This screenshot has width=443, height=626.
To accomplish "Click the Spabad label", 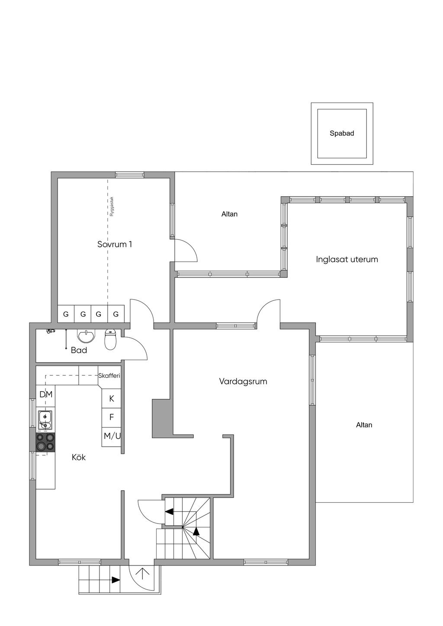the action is coord(342,133).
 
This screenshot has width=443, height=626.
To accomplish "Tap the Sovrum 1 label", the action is coord(114,244).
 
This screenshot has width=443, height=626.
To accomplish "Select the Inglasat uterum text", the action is coord(347,259).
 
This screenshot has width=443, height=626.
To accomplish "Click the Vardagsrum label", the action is coord(243,381).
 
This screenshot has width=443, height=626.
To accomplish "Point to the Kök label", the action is coord(79,457).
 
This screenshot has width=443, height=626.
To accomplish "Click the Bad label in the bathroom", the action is coord(79,350).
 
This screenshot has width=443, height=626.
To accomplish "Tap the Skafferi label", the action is coord(109,376).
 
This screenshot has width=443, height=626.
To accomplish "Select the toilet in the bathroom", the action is coord(110,339).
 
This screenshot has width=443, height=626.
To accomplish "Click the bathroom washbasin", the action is coord(86,336).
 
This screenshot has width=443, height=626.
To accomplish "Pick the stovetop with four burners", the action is coord(45,442).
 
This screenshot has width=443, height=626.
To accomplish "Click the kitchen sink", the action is coord(45,420).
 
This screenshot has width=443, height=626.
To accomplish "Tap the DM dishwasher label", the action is coord(46,394).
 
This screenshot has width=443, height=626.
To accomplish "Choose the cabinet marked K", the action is coord(111,399).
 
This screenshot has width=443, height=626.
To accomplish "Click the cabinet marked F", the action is coord(111,418).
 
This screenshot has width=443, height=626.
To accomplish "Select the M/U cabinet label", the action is coord(112,436).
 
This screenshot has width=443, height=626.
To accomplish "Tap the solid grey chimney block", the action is coord(161,418).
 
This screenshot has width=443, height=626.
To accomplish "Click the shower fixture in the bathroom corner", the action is coord(50,332).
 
